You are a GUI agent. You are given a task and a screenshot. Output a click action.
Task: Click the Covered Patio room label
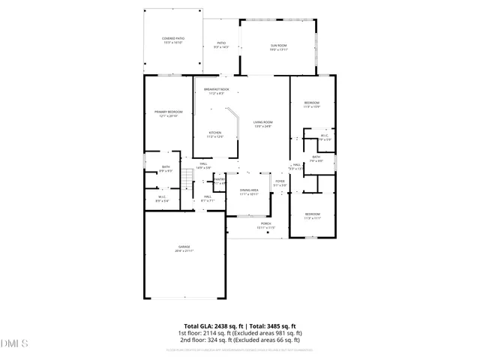(x=173, y=39)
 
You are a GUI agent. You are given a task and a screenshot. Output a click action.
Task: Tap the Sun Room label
(x=278, y=46)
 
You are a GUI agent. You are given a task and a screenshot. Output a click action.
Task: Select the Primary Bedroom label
(x=169, y=113)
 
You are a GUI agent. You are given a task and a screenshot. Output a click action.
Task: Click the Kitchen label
(x=215, y=134)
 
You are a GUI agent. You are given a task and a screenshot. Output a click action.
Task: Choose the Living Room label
(x=262, y=123)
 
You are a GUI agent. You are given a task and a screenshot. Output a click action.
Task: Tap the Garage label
(x=184, y=248)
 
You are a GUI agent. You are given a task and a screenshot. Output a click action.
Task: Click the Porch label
(x=265, y=225)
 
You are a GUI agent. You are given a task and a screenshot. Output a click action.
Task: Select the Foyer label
(x=279, y=182)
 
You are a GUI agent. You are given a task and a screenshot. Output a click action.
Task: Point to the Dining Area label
(x=249, y=192)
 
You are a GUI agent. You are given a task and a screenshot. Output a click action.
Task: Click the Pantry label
(x=220, y=181)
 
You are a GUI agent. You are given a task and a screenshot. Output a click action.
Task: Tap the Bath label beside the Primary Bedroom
(x=166, y=169)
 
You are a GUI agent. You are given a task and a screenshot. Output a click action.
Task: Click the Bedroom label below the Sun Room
(x=312, y=104)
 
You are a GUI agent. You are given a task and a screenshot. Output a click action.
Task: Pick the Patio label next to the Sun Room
(x=221, y=44)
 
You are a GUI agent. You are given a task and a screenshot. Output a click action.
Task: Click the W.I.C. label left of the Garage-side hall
(x=162, y=199)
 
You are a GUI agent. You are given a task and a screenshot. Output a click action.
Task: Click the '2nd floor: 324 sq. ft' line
(x=239, y=340)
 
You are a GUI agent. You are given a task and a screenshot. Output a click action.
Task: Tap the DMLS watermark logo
(x=14, y=343)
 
